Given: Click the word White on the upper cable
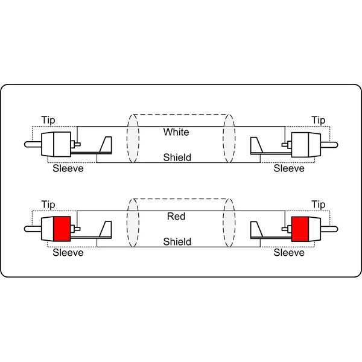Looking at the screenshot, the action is (x=176, y=132).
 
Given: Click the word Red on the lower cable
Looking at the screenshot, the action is (x=176, y=217).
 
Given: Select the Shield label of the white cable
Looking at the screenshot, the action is (x=177, y=157).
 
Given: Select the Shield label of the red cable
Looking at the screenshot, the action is (x=177, y=242).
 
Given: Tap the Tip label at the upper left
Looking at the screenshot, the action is (x=48, y=120).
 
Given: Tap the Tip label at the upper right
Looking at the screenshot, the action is (x=319, y=120).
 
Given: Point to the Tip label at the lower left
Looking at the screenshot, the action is (x=48, y=205).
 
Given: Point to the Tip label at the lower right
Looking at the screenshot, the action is (x=319, y=205).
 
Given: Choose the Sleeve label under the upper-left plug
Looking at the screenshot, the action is (x=68, y=168).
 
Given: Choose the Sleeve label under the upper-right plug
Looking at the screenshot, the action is (x=289, y=168).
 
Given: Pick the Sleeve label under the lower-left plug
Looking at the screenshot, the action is (x=68, y=253).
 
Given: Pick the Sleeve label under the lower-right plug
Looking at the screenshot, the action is (x=289, y=253).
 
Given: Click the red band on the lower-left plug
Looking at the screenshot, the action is (x=62, y=229).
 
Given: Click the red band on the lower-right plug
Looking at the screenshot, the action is (x=300, y=229).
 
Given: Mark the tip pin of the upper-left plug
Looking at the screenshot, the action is (x=33, y=145).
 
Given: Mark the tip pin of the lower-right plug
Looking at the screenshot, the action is (x=329, y=229).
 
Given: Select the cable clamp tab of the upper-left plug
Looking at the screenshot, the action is (x=106, y=145).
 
